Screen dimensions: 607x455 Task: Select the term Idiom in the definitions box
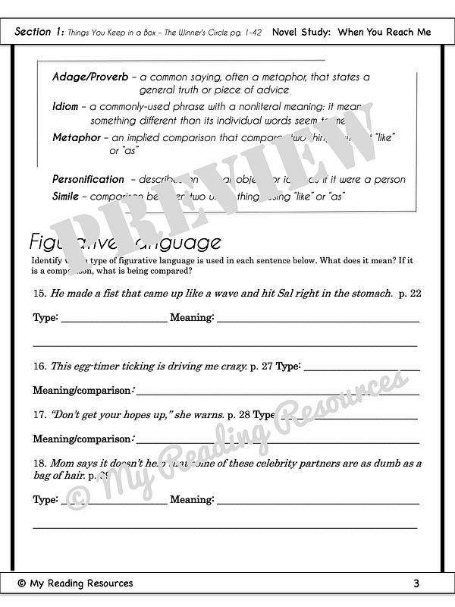pyautogui.click(x=65, y=107)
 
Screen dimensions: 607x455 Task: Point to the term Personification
pyautogui.click(x=88, y=180)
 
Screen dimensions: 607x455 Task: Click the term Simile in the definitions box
pyautogui.click(x=65, y=197)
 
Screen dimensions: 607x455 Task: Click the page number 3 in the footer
pyautogui.click(x=416, y=583)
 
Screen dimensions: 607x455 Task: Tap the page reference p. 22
pyautogui.click(x=409, y=293)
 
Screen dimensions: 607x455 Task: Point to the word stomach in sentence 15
pyautogui.click(x=370, y=293)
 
